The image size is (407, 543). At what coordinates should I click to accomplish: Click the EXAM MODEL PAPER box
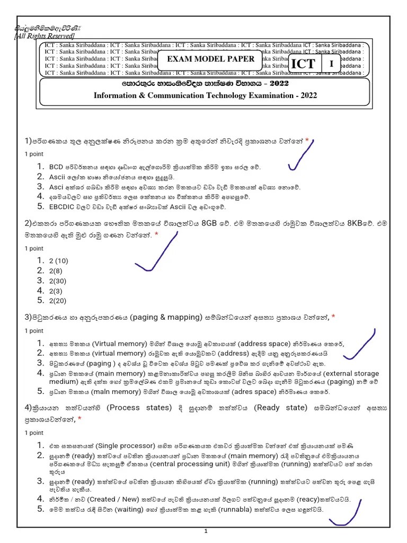(211, 59)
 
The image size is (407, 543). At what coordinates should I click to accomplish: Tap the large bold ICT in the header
(303, 64)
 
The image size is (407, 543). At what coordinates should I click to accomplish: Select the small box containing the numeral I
(332, 64)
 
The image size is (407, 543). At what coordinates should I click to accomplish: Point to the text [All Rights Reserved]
(44, 36)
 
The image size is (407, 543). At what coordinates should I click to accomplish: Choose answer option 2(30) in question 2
(58, 281)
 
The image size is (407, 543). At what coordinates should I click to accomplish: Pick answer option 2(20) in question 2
(58, 301)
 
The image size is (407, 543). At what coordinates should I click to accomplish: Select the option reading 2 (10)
(59, 260)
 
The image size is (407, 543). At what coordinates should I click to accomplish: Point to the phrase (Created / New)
(101, 499)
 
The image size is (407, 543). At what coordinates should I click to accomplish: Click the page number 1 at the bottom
(206, 531)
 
